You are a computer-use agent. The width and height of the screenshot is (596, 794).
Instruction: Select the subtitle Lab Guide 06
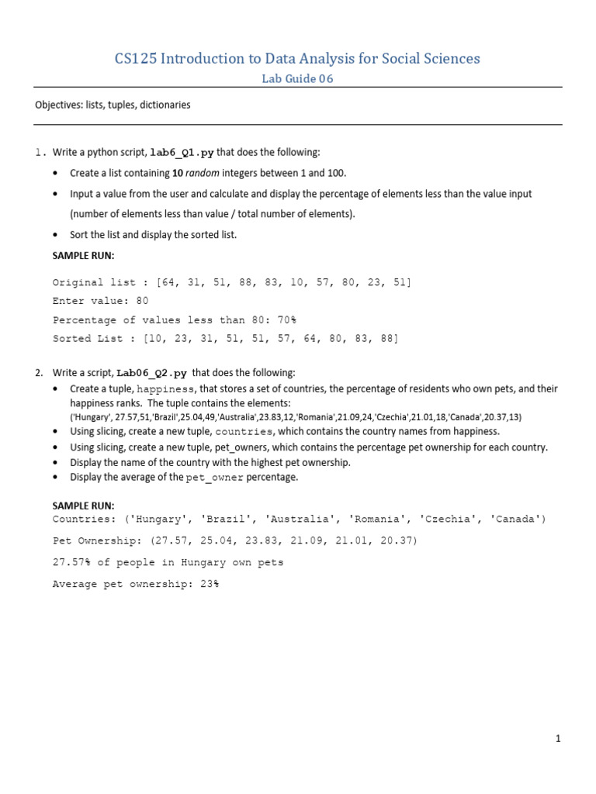[297, 78]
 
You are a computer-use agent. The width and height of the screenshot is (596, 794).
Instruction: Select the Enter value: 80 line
[100, 301]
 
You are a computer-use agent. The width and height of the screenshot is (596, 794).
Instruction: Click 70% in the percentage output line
[286, 319]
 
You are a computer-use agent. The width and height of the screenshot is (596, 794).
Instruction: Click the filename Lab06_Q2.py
[152, 373]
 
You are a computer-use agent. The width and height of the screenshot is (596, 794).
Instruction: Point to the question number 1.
[40, 153]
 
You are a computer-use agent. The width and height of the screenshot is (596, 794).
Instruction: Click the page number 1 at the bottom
[557, 739]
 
